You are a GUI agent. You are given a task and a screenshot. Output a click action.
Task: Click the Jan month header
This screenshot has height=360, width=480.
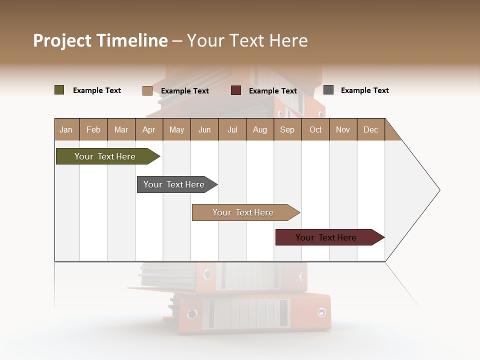coord(66,130)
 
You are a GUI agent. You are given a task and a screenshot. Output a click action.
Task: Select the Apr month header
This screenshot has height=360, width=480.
coord(149,130)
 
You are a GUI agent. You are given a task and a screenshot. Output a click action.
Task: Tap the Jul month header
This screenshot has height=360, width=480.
coord(232,130)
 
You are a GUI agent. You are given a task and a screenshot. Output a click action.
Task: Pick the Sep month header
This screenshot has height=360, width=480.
coord(287,130)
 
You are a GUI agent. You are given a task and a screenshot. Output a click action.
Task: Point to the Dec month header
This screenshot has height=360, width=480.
coord(370,130)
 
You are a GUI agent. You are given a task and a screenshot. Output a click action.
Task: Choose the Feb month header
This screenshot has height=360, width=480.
coord(93,130)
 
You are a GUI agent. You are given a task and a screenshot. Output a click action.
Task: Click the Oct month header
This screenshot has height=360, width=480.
coord(315,130)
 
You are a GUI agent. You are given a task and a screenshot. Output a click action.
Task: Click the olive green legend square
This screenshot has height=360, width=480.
coord(59,90)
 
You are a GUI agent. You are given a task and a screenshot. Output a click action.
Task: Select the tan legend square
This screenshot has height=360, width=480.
coord(147,90)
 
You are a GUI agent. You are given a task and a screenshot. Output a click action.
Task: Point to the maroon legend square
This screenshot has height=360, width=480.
coord(236,90)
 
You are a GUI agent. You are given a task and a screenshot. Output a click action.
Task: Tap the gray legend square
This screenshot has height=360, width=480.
coord(328,90)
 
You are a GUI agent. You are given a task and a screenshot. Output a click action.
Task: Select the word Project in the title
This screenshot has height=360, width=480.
coord(62,40)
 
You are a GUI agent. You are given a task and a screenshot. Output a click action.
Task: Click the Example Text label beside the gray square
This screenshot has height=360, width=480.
coord(364,90)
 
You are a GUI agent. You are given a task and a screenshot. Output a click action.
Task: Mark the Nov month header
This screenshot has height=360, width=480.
coord(343,130)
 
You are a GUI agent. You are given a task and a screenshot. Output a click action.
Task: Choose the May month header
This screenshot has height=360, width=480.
coord(176,130)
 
